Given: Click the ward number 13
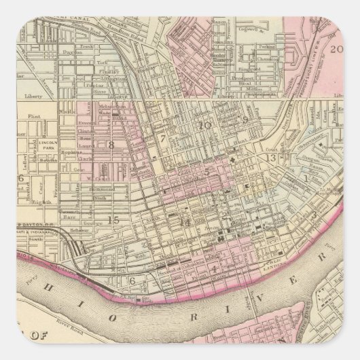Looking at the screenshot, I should [271, 158].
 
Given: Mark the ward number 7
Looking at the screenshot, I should [163, 139].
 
